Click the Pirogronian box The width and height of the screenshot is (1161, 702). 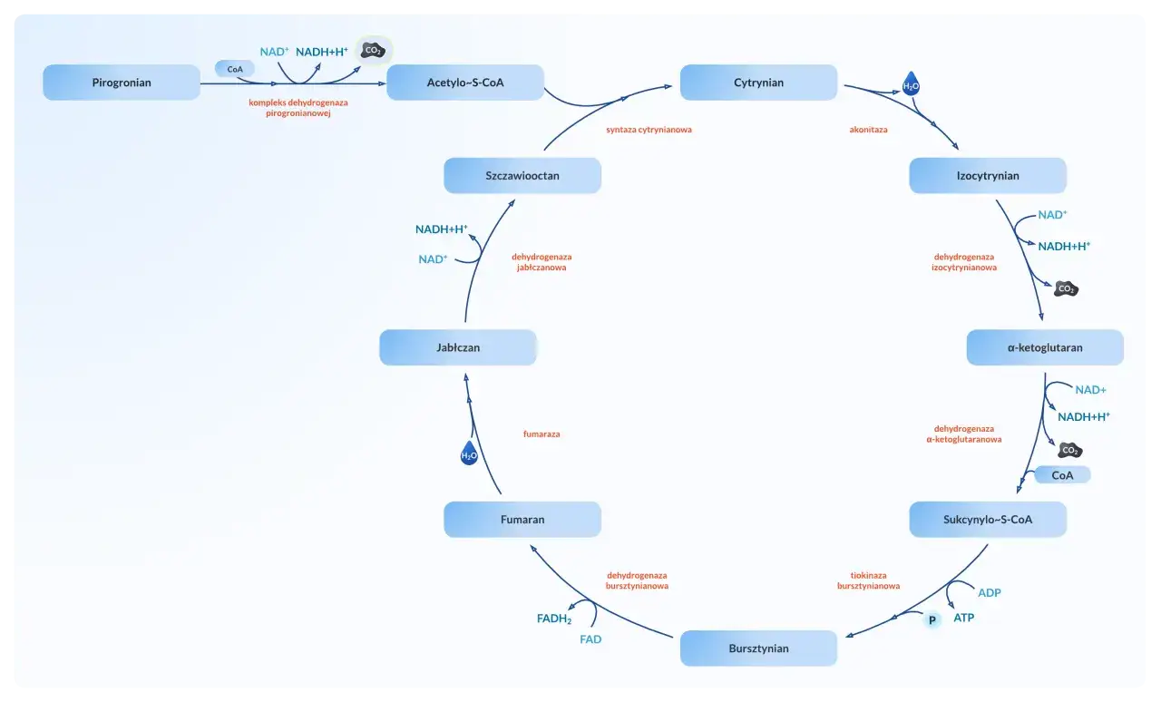(122, 83)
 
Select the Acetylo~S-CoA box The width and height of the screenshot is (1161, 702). (465, 83)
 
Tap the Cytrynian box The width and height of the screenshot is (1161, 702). (758, 83)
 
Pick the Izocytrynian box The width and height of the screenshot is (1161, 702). (988, 176)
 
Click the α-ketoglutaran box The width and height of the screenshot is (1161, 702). (1045, 347)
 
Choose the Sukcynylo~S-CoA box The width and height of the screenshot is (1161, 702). (988, 520)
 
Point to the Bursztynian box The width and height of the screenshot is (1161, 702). (758, 648)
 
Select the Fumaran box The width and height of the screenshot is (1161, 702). (522, 520)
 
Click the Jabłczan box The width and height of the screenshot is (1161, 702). (458, 347)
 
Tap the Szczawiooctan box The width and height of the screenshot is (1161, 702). (522, 176)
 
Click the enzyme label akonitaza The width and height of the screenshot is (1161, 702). (868, 130)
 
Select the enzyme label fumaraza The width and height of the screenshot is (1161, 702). (541, 434)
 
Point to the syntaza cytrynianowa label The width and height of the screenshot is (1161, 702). (649, 130)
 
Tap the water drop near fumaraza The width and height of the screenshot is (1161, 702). (469, 454)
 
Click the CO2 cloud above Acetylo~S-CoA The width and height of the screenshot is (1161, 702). (373, 51)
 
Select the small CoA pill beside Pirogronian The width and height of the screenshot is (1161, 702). (235, 68)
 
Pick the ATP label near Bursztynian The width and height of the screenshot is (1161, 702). (963, 618)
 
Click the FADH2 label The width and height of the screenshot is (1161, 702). (554, 619)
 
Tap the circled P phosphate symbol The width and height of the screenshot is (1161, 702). (931, 621)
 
